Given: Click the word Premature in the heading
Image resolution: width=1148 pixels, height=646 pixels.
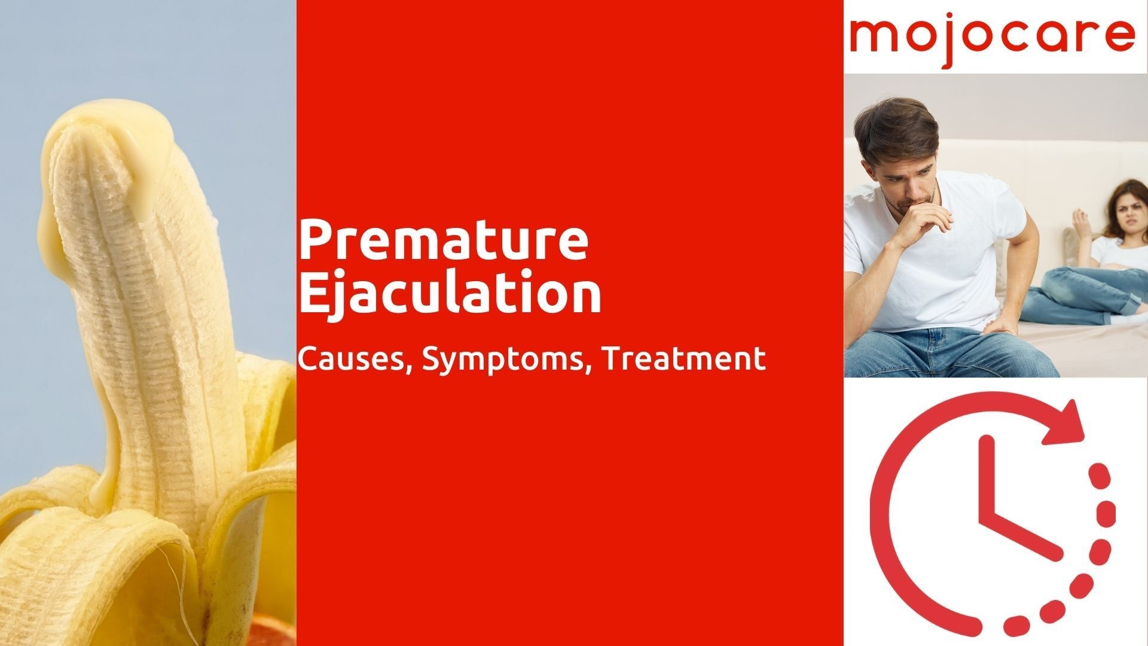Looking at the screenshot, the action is click(x=444, y=241).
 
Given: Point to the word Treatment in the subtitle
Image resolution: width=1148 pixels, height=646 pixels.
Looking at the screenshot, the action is click(x=684, y=359).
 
